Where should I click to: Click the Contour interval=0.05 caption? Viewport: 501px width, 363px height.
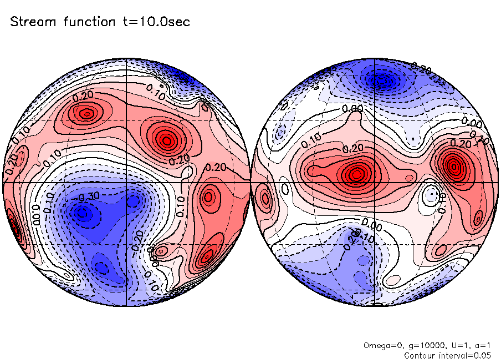(x=448, y=355)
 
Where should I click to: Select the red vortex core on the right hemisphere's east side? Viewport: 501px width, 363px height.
(x=454, y=165)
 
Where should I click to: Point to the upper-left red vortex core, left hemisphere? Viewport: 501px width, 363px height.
(x=86, y=114)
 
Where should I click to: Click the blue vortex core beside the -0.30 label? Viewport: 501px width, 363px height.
(x=83, y=211)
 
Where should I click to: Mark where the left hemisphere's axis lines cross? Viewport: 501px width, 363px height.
(x=127, y=182)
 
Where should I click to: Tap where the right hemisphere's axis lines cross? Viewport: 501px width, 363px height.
(x=375, y=182)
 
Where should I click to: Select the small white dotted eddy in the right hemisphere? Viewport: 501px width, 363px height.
(x=430, y=195)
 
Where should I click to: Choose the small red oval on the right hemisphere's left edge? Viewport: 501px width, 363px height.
(x=265, y=198)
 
